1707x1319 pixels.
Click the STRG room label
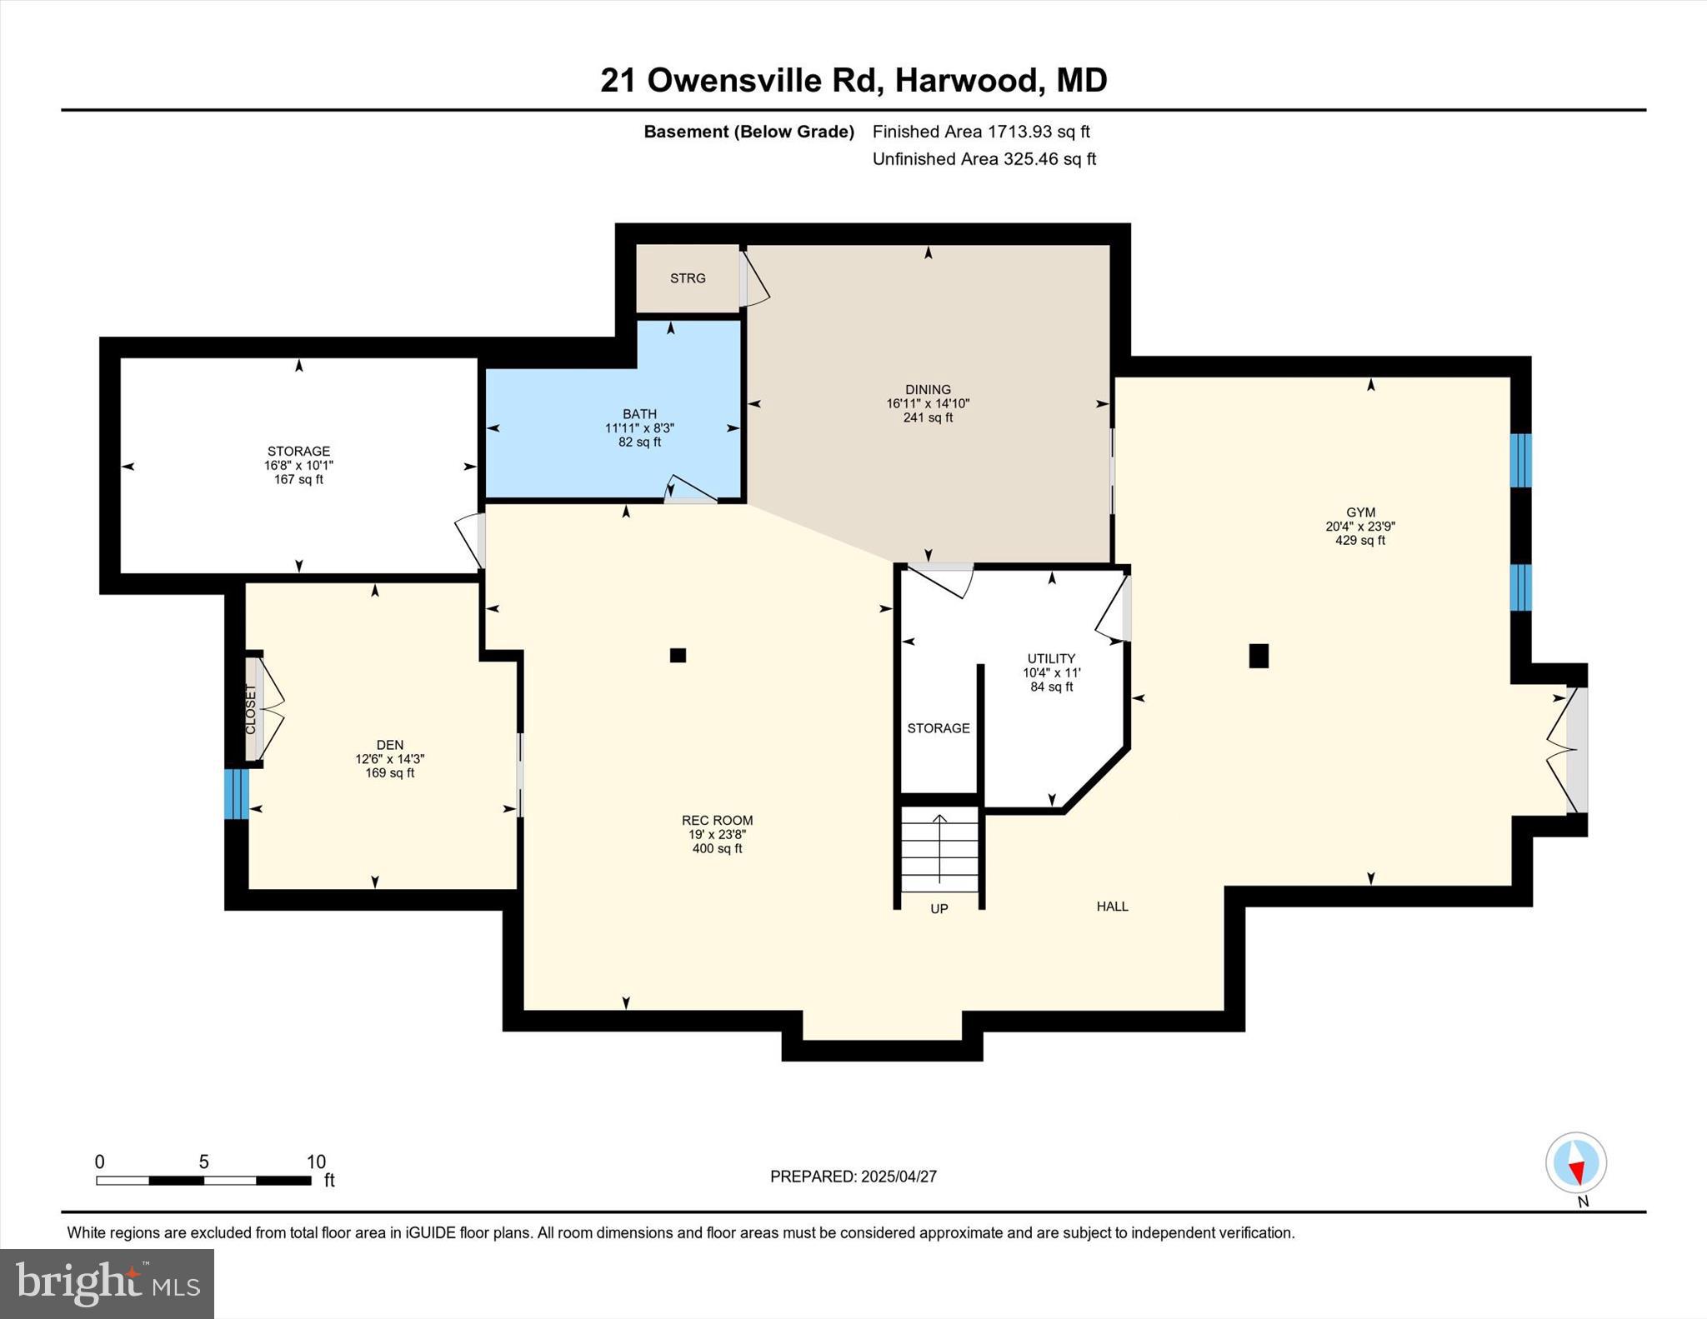[688, 278]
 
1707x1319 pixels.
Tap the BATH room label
[639, 414]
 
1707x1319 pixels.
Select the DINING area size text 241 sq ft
[928, 417]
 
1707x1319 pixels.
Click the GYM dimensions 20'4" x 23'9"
[1360, 527]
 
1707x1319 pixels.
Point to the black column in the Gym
[1259, 656]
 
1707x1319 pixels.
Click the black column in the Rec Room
[678, 656]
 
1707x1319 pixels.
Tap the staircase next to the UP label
[939, 850]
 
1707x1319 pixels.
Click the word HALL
[1112, 907]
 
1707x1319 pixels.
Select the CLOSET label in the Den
[251, 709]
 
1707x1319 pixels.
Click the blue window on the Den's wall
[237, 793]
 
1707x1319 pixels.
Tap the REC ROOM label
[717, 821]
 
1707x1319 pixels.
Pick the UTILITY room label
[1051, 658]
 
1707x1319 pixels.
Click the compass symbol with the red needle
[1575, 1162]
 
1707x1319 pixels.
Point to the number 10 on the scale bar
[316, 1162]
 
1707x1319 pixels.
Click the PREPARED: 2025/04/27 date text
[853, 1177]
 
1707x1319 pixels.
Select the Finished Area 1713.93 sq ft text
[981, 132]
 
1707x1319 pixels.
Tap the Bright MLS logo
[107, 1283]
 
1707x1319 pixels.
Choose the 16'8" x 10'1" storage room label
[298, 466]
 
